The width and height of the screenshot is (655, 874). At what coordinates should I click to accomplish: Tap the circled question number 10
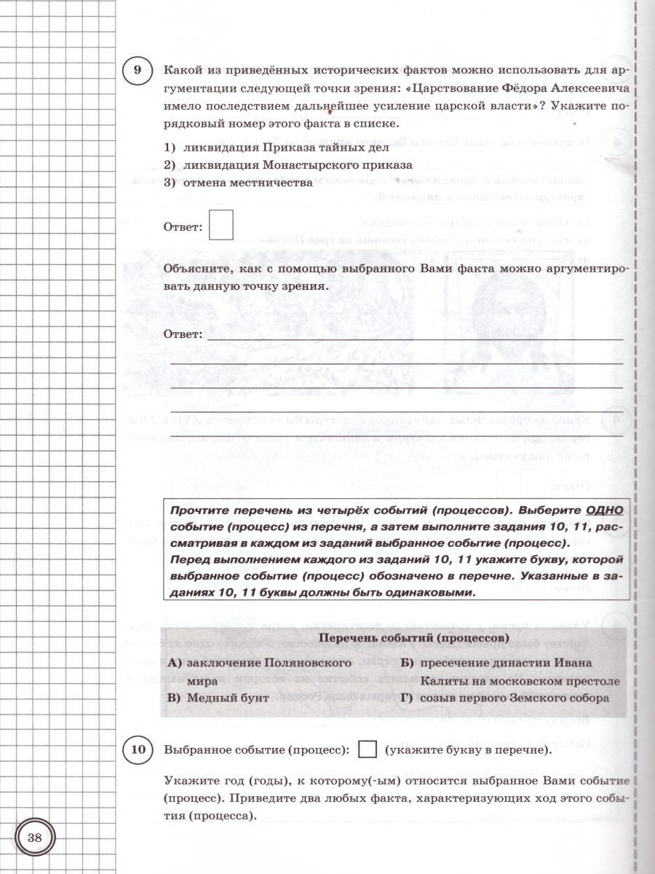(x=138, y=749)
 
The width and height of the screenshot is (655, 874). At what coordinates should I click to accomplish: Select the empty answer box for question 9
(x=221, y=224)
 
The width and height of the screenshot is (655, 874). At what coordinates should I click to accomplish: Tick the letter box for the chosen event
(x=369, y=749)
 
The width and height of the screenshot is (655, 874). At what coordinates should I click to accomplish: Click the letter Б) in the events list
(x=407, y=663)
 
